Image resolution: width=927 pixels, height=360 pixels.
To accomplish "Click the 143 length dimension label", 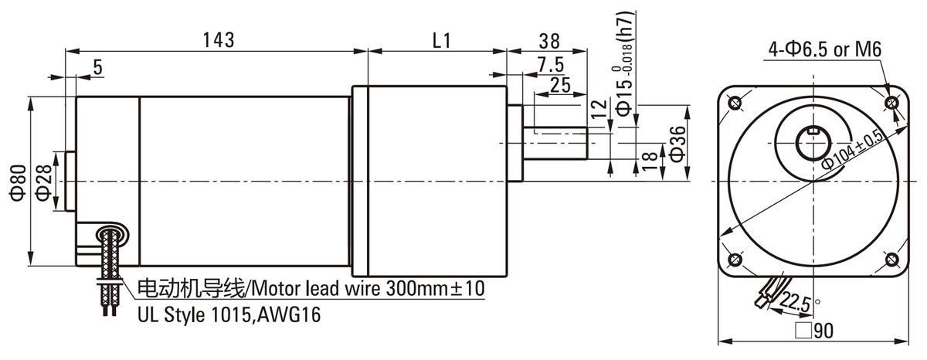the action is tap(219, 40).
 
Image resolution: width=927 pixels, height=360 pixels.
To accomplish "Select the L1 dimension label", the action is tap(442, 41).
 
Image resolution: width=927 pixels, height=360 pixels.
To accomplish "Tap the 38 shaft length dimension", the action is tap(549, 42).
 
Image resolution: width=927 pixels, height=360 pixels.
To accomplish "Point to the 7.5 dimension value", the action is tap(551, 65).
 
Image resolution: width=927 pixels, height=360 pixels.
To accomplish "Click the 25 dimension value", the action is tap(560, 85).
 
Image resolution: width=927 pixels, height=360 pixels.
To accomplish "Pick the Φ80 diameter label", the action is tap(19, 182).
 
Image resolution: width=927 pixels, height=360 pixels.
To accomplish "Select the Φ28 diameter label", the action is tap(44, 182).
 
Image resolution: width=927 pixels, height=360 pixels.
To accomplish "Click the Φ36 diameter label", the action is tap(677, 144).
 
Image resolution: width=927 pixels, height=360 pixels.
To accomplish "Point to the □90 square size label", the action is tap(814, 331).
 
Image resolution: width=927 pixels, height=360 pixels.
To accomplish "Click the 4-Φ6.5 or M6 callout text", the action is tap(825, 49).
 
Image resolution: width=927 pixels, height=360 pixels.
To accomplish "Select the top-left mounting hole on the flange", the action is tap(735, 102).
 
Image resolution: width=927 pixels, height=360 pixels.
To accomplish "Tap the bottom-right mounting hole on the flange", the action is tap(891, 260).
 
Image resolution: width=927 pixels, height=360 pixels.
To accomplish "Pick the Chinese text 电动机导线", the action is tap(192, 288).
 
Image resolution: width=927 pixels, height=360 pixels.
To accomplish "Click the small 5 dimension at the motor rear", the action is tap(97, 67).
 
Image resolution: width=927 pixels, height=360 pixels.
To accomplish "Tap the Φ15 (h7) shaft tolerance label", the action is tap(624, 62).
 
